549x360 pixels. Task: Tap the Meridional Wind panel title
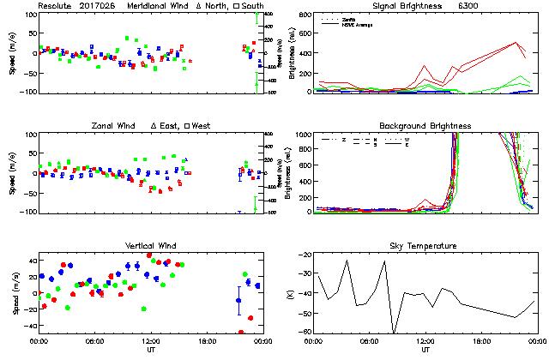[x=160, y=6]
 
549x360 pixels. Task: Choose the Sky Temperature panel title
[x=425, y=246]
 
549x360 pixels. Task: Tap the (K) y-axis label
[x=289, y=294]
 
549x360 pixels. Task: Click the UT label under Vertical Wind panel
[x=150, y=350]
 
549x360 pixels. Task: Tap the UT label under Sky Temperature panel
[x=425, y=350]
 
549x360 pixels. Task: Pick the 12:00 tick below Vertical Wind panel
[x=150, y=341]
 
